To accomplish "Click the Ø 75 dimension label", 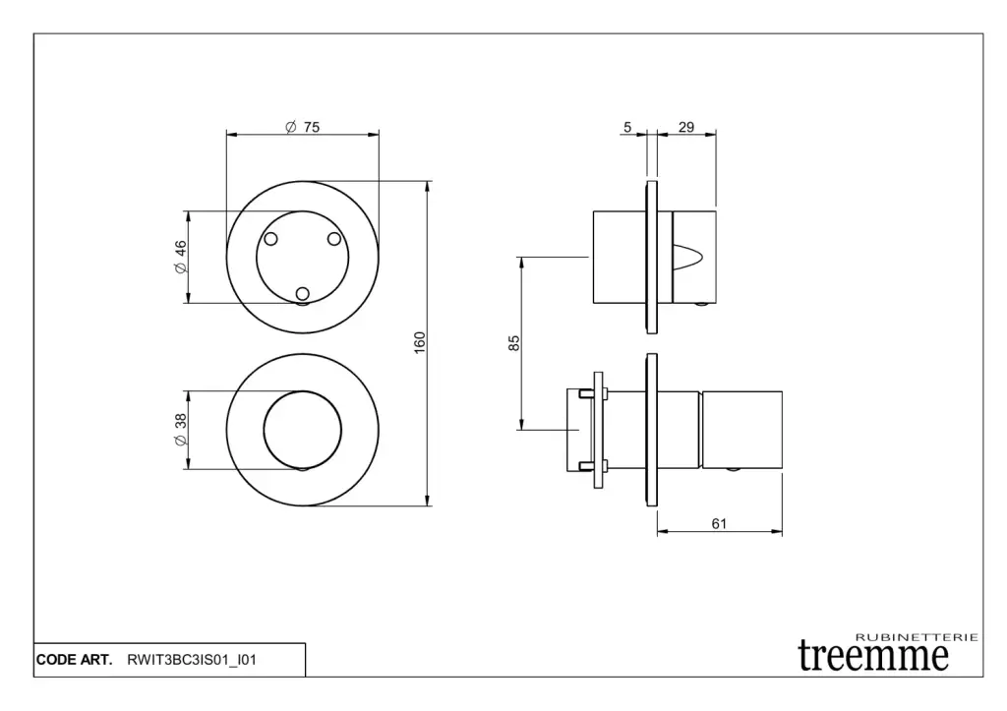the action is coord(303,127).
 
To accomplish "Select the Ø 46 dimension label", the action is coord(181,257).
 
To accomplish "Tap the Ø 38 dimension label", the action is coord(181,430).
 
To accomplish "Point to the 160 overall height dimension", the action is coord(419,342).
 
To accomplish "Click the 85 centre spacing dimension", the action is coord(513,343).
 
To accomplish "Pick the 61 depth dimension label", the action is coord(719,524).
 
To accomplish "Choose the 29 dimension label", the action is coord(686,127).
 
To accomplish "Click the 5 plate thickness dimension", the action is coord(627,127).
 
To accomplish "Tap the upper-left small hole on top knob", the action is coord(271,239).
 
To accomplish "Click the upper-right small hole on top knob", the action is coord(334,239).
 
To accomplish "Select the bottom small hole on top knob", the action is coord(303,293).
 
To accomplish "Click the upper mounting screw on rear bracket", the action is coord(585,393).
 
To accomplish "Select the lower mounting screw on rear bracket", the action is coord(585,466).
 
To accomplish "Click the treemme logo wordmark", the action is coord(873,656).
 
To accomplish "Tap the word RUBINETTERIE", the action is coord(918,637).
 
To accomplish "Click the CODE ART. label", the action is coord(74,660).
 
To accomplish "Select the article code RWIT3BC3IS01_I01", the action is coord(192,660).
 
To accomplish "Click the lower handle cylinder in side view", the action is coord(741,430).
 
